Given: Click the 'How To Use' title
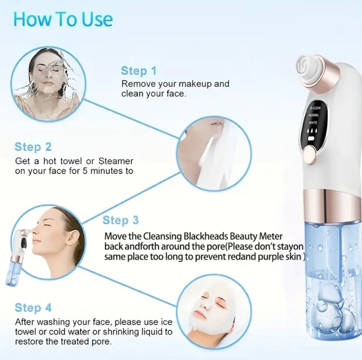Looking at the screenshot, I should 63,19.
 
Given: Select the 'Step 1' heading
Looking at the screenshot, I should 139,71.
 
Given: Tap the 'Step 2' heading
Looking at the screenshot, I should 33,147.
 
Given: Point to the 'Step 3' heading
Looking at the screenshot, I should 120,220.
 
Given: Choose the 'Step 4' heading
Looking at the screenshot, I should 33,308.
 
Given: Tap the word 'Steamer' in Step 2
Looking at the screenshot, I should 116,161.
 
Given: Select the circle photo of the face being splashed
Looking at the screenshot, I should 48,85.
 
